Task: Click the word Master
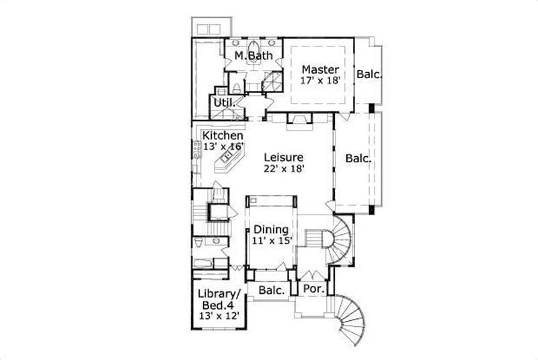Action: coord(319,69)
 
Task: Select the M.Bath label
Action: coord(254,55)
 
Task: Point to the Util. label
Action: coord(223,102)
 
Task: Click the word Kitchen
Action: coord(223,135)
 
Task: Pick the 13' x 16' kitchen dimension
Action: coord(223,146)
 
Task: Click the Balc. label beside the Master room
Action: coord(369,75)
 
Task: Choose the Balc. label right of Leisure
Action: coord(359,159)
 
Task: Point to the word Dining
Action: coord(271,229)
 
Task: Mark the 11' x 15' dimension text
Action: coord(271,240)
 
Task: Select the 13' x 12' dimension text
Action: coord(219,316)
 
